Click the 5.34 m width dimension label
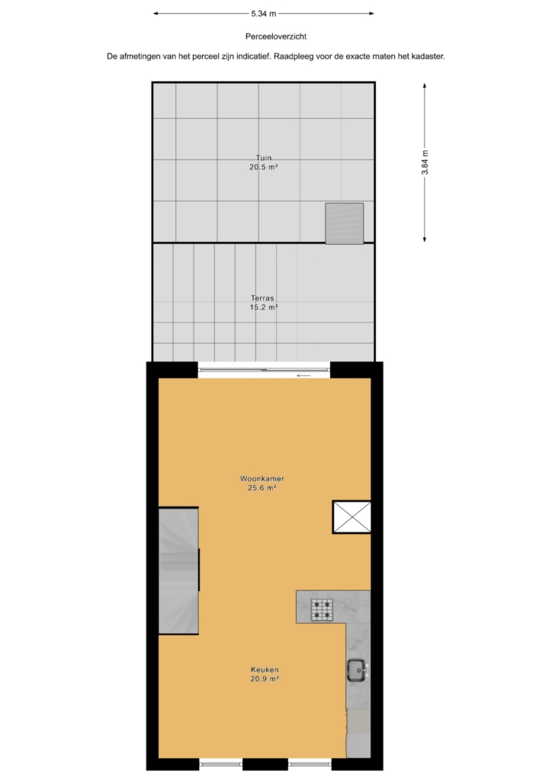(x=263, y=14)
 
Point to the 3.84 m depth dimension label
(x=425, y=162)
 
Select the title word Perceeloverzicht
(x=276, y=37)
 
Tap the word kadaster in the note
(x=426, y=56)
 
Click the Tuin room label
(x=264, y=158)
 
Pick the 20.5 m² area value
(x=263, y=167)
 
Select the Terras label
(x=263, y=298)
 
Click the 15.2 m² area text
(x=263, y=307)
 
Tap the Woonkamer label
(x=262, y=479)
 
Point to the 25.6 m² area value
(x=262, y=488)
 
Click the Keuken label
(x=265, y=670)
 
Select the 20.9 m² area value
(x=265, y=679)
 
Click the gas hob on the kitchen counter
(x=322, y=609)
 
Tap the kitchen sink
(x=358, y=670)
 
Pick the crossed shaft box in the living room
(x=352, y=517)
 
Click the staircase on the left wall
(x=178, y=570)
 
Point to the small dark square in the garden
(x=345, y=223)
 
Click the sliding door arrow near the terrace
(x=303, y=375)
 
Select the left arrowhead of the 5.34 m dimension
(x=156, y=14)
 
